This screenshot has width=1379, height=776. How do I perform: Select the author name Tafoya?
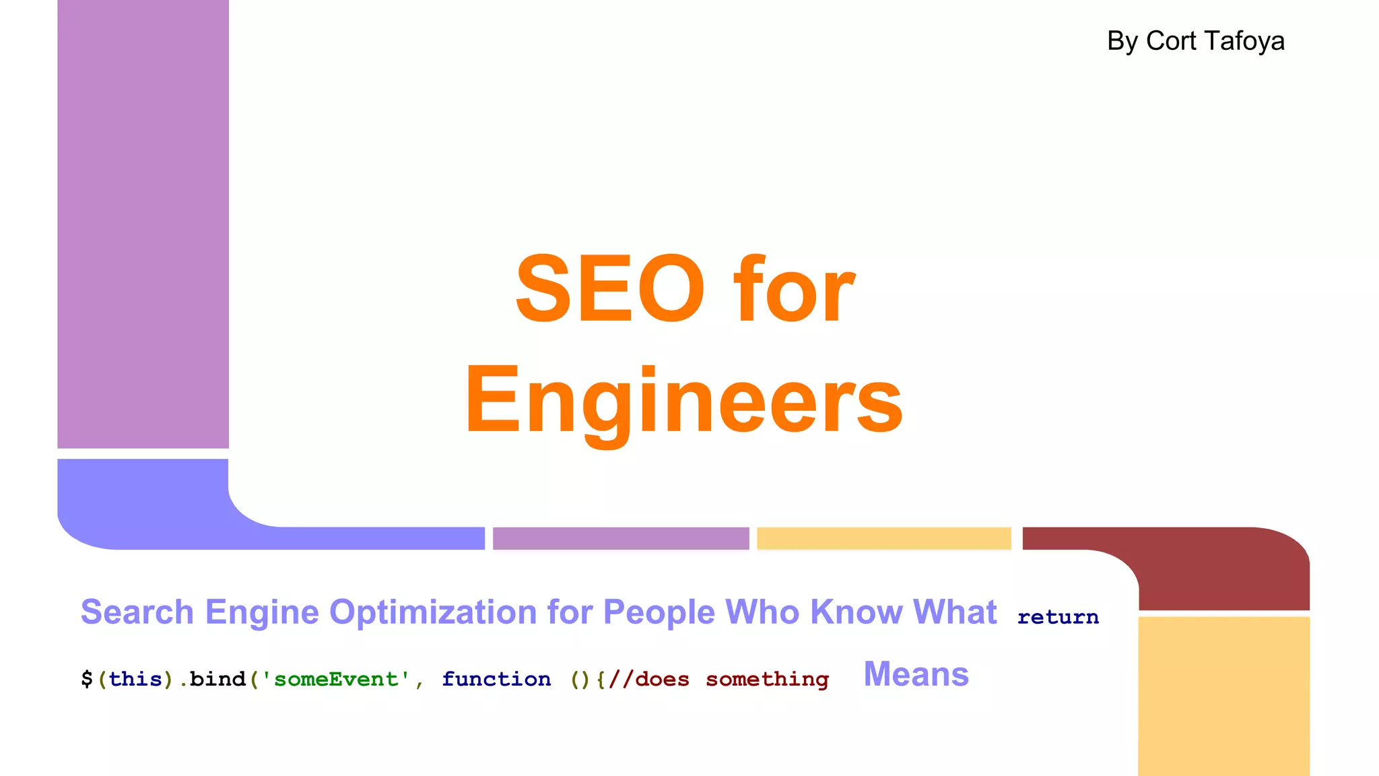tap(1250, 41)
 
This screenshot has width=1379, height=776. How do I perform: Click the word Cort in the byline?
tap(1172, 41)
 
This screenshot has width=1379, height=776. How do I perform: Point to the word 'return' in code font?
tap(1058, 616)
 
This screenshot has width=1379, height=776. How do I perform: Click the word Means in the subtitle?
tap(916, 674)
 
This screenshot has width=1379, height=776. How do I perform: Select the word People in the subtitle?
tap(659, 612)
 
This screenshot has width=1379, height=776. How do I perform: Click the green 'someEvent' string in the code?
tap(336, 679)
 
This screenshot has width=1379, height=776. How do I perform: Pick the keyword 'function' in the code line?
tap(496, 679)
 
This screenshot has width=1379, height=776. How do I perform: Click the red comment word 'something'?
tap(767, 679)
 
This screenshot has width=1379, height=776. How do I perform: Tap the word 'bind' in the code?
tap(217, 679)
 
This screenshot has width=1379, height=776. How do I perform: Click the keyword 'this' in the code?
tap(135, 679)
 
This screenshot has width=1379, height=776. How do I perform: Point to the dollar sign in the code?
tap(87, 679)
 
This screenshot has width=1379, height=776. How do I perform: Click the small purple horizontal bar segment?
tap(620, 538)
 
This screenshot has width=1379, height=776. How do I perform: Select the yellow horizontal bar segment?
tap(883, 538)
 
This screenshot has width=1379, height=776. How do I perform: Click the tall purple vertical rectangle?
tap(143, 222)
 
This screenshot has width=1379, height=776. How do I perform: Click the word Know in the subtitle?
tap(856, 612)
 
